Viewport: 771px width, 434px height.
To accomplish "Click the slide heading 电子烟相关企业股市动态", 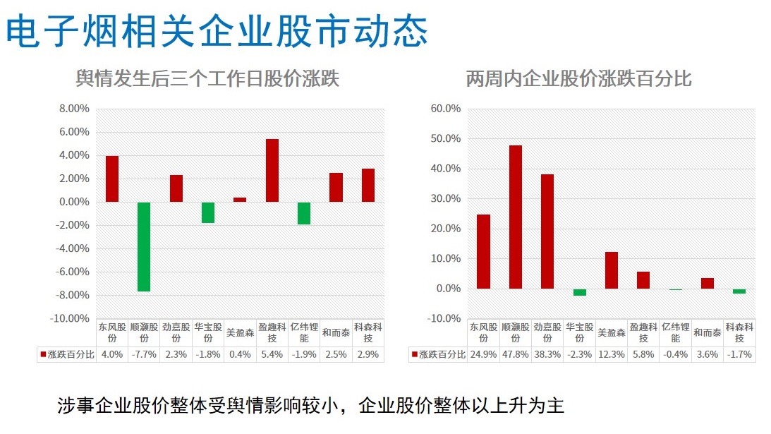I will pyautogui.click(x=217, y=31).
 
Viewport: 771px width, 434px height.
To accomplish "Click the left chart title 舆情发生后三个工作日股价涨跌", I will pyautogui.click(x=207, y=78).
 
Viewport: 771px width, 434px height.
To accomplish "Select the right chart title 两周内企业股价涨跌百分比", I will pyautogui.click(x=578, y=78).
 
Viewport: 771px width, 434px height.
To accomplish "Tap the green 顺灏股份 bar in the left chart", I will pyautogui.click(x=144, y=246).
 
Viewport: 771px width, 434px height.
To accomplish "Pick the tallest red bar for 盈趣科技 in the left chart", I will pyautogui.click(x=272, y=170).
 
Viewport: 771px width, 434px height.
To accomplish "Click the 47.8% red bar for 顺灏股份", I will pyautogui.click(x=516, y=217).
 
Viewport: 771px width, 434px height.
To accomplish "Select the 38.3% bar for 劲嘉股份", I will pyautogui.click(x=547, y=231).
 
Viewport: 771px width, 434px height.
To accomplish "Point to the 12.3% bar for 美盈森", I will pyautogui.click(x=612, y=270).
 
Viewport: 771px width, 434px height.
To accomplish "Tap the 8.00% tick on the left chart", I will pyautogui.click(x=74, y=109).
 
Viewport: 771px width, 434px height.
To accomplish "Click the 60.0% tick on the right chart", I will pyautogui.click(x=445, y=109).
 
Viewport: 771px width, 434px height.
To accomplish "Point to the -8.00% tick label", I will pyautogui.click(x=73, y=295).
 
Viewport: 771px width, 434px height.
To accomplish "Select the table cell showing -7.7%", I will pyautogui.click(x=144, y=354).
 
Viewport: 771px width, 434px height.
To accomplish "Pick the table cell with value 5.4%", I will pyautogui.click(x=272, y=354).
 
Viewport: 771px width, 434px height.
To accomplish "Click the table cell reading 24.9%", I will pyautogui.click(x=483, y=354).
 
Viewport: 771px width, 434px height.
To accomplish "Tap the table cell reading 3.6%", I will pyautogui.click(x=708, y=354).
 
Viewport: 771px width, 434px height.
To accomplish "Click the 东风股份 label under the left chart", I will pyautogui.click(x=111, y=332).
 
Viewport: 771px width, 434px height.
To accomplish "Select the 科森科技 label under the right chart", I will pyautogui.click(x=739, y=332).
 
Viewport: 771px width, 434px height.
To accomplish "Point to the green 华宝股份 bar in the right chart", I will pyautogui.click(x=580, y=292).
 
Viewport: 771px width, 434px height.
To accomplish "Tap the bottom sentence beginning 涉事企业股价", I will pyautogui.click(x=310, y=406).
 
